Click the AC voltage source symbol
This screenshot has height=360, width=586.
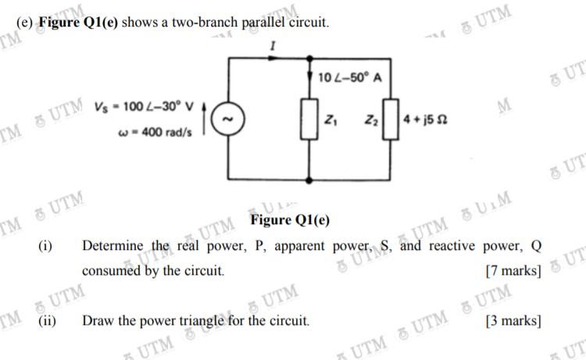point(228,119)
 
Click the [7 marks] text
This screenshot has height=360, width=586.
point(513,272)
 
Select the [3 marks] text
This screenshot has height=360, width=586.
point(513,320)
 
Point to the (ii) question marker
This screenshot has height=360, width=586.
point(46,320)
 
